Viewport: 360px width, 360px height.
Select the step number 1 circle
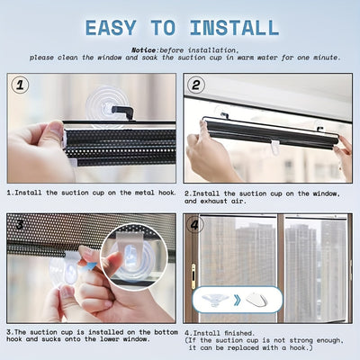[22, 85]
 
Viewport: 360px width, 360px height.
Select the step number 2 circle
[197, 85]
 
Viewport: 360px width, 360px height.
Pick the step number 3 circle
[22, 225]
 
